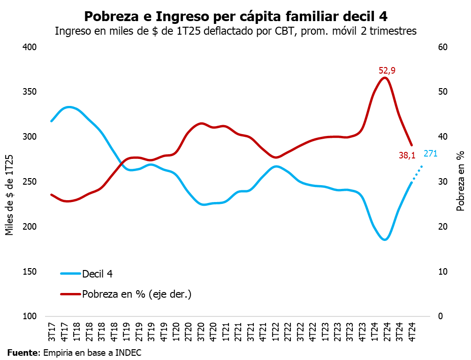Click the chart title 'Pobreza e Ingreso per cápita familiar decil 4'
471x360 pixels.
[235, 16]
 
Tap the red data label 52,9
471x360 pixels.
[387, 71]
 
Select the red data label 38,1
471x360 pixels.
[407, 156]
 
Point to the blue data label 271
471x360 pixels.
[430, 153]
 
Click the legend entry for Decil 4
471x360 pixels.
[97, 274]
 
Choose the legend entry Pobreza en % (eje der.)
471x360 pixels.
[137, 294]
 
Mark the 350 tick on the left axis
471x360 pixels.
[30, 92]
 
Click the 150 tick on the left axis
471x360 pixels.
[30, 272]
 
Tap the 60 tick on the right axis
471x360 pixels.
[443, 47]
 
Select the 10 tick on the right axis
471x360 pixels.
[443, 272]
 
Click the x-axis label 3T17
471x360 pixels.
[52, 330]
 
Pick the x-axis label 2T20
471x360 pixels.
[189, 330]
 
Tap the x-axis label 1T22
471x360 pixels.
[276, 330]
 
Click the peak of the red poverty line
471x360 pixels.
[385, 78]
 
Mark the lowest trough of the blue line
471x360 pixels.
[385, 240]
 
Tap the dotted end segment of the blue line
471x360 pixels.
[418, 173]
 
